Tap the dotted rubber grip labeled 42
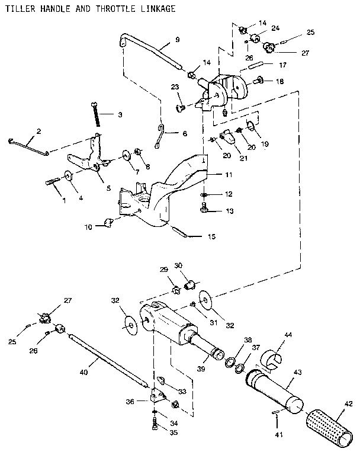(329, 427)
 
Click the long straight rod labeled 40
(107, 358)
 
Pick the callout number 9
(177, 40)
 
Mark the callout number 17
(282, 65)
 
